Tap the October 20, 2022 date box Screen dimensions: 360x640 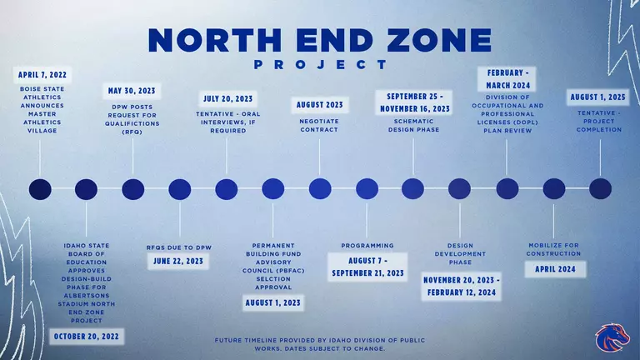point(87,336)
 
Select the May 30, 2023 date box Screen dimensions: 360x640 point(132,90)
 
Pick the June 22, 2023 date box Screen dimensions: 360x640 point(179,261)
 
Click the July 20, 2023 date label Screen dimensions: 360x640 point(227,99)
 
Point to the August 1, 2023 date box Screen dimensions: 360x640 point(272,302)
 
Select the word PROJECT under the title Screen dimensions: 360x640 point(320,64)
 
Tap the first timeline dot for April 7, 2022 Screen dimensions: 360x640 point(40,189)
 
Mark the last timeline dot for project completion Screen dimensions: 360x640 point(600,189)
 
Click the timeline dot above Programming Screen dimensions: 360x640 point(367,189)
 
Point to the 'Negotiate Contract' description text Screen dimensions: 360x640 point(320,125)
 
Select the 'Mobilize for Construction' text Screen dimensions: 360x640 point(554,249)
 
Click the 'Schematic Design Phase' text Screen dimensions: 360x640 point(413,125)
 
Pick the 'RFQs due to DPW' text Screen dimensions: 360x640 point(179,247)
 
